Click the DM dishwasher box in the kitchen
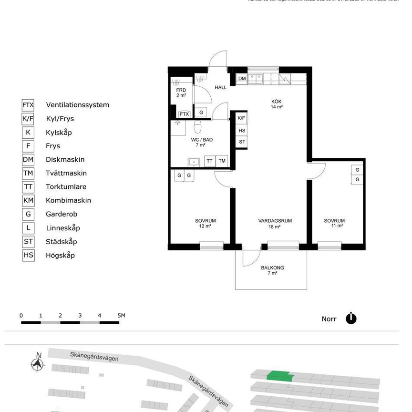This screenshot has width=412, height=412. tap(242, 78)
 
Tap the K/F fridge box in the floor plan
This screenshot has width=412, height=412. tap(241, 118)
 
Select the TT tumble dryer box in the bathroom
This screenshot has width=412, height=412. tap(209, 161)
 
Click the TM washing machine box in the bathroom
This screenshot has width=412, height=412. tap(222, 161)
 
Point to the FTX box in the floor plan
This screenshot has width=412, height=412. tap(184, 114)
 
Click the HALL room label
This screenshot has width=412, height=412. tap(220, 87)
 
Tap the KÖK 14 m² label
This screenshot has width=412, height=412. tap(277, 104)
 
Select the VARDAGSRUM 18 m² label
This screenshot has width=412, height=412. tap(275, 223)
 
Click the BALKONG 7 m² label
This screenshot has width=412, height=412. tap(272, 270)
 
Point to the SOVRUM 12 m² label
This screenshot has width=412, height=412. tap(205, 223)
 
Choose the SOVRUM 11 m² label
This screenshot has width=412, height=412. tap(334, 223)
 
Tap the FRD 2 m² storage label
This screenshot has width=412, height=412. tap(181, 93)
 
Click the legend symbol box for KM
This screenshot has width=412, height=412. tap(28, 200)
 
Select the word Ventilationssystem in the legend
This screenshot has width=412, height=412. tap(77, 105)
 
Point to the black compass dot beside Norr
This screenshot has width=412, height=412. tap(351, 319)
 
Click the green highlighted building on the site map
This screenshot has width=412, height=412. tap(280, 377)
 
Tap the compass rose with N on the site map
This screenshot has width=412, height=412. tap(37, 363)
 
